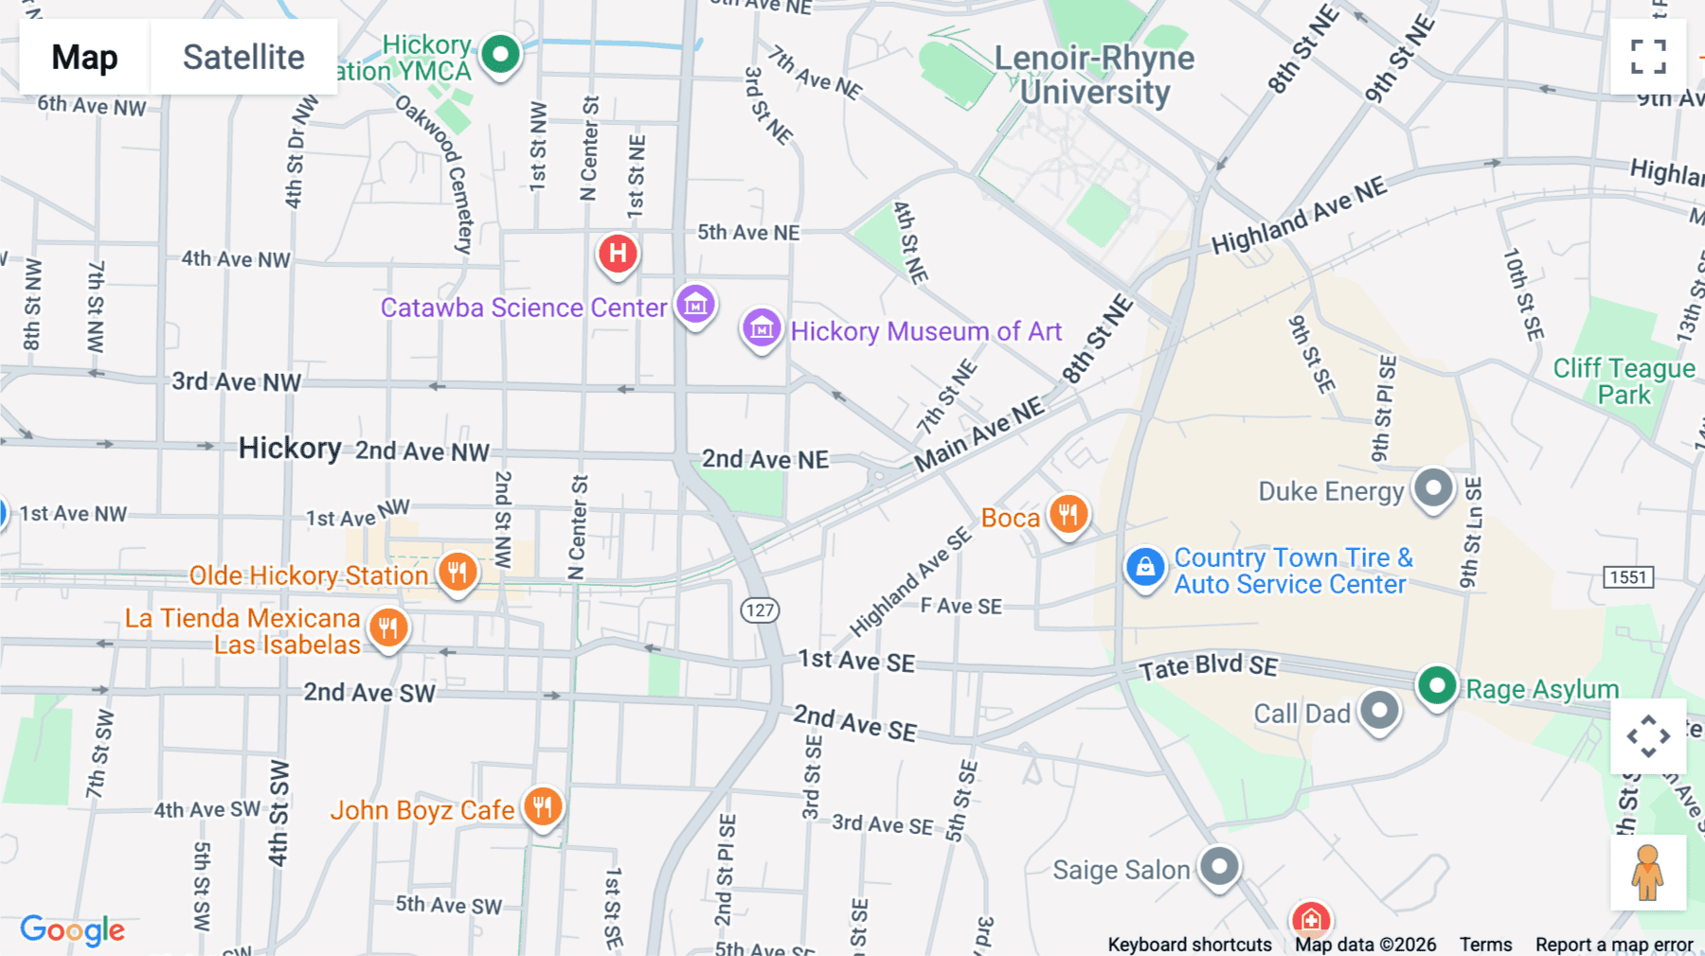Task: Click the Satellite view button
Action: pos(243,58)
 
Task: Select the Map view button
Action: pos(84,58)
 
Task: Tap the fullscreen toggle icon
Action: pos(1648,57)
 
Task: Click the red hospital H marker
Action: pos(618,254)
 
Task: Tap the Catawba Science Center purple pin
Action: pos(695,305)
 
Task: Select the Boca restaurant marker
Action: pos(1068,515)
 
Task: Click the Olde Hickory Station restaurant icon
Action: pos(458,572)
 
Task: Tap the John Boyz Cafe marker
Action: pos(543,807)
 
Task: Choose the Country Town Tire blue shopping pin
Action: pos(1145,568)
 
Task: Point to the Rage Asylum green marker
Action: pos(1437,685)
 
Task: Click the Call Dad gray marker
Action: pos(1379,711)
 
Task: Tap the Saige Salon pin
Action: pos(1219,866)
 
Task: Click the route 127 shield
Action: pos(760,611)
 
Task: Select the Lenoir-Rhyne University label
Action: pos(1094,75)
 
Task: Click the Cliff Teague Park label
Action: pos(1624,381)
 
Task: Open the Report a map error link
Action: pos(1614,945)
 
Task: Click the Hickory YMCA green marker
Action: pos(500,55)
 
